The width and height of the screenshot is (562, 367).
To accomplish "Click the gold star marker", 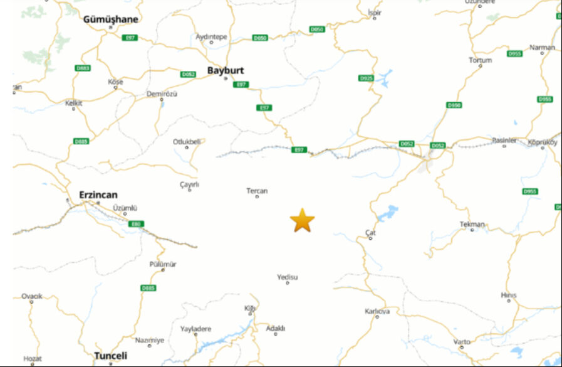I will (302, 221).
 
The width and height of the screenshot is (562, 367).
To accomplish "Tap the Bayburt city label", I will (226, 70).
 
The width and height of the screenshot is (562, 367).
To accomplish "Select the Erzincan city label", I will (98, 194).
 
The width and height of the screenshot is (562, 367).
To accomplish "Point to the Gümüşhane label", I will (110, 19).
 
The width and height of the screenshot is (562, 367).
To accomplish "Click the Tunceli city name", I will (110, 356).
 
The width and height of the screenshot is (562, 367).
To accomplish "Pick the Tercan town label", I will (257, 191).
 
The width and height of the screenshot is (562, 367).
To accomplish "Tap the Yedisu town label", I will (288, 277).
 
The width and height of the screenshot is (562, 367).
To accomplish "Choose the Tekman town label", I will (472, 224).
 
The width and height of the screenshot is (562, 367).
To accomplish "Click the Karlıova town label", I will (377, 311).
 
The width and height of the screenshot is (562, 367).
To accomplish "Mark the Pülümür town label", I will (163, 264).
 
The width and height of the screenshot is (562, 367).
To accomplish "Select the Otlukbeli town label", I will (187, 142).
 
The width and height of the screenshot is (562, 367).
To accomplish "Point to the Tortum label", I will (481, 60).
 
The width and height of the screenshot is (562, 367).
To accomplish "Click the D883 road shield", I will (82, 68).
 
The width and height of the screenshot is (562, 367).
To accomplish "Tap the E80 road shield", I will (136, 224).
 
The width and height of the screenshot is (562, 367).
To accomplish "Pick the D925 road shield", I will (367, 78).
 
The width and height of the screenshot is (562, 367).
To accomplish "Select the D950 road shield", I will (454, 105).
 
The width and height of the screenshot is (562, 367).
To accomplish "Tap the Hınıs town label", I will (509, 295).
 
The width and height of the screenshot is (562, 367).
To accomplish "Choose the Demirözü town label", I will (162, 93).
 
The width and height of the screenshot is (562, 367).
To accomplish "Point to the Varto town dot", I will (462, 348).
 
